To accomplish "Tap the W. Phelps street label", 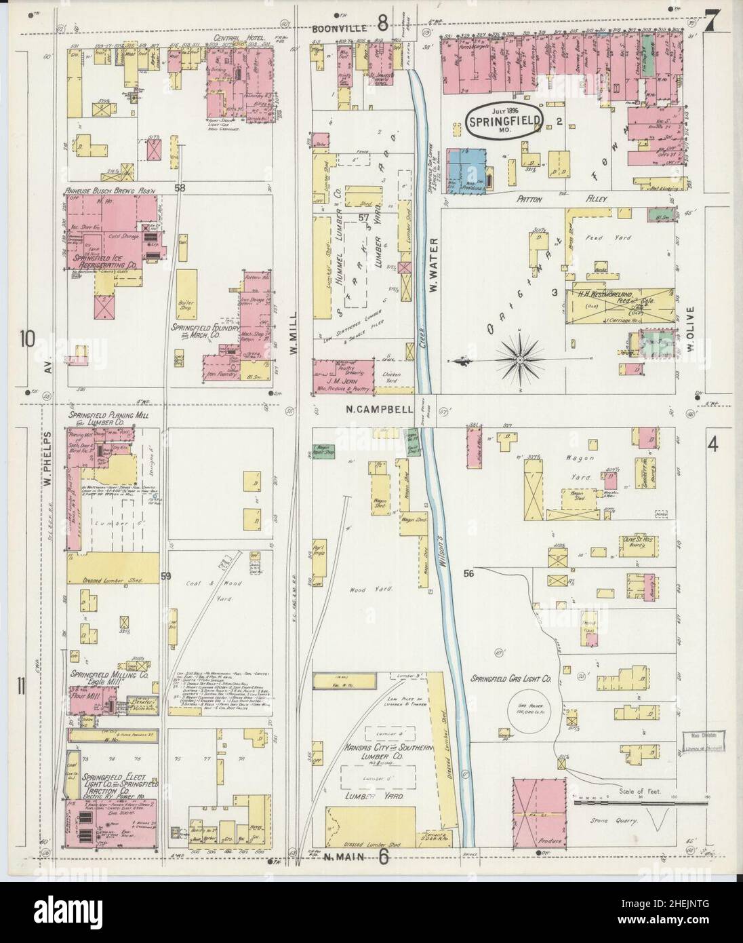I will [48, 451].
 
